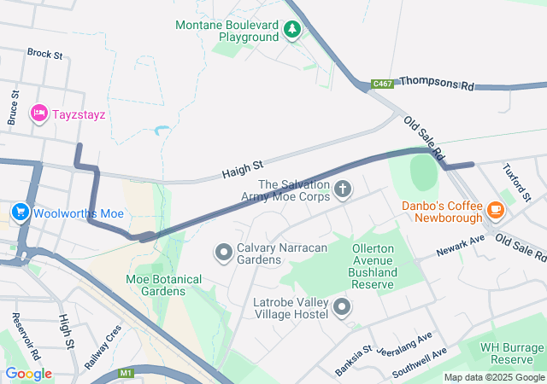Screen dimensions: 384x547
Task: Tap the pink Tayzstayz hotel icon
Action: pos(39,113)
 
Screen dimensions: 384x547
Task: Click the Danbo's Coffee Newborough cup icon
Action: pos(495,210)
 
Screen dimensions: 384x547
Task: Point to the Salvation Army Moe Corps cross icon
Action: pos(343,189)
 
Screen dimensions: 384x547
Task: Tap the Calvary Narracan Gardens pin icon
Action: pos(224,252)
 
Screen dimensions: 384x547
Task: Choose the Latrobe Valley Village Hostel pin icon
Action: pos(342,306)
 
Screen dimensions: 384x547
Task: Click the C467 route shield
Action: pos(382,84)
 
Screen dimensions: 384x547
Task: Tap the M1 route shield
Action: pos(127,373)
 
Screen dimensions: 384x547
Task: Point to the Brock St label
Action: pos(44,54)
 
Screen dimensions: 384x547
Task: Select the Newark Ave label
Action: pos(460,247)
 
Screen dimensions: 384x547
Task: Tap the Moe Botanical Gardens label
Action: pos(164,285)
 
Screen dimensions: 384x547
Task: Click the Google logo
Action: pos(28,374)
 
